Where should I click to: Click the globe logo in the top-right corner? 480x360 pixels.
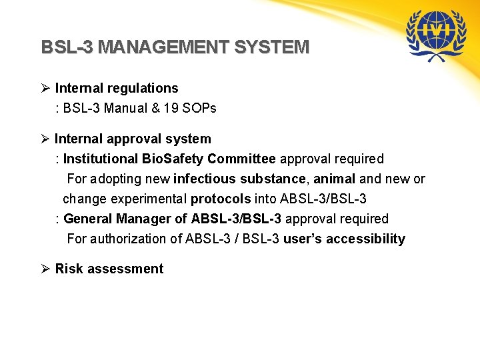click(437, 35)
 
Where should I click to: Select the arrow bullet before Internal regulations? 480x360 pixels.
click(46, 88)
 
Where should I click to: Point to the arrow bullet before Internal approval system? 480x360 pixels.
click(46, 139)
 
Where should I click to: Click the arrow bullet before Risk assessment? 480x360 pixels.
click(46, 269)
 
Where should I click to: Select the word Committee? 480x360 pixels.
click(241, 159)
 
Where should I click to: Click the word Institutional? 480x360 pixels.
click(101, 159)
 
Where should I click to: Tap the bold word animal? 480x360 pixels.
click(334, 179)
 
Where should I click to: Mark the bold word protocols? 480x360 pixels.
click(221, 199)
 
